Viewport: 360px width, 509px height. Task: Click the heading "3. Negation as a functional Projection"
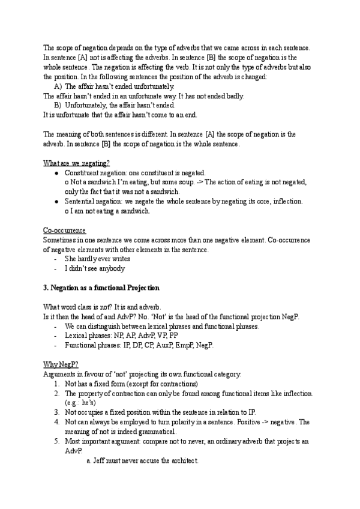click(101, 288)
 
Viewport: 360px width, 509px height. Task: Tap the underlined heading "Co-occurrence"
click(64, 230)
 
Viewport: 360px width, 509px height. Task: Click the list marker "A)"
click(58, 86)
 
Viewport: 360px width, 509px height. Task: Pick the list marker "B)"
click(58, 105)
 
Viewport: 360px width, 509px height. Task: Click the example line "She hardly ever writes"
click(97, 259)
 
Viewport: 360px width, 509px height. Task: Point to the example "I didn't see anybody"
click(94, 268)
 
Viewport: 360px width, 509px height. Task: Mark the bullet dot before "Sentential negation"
click(56, 202)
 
